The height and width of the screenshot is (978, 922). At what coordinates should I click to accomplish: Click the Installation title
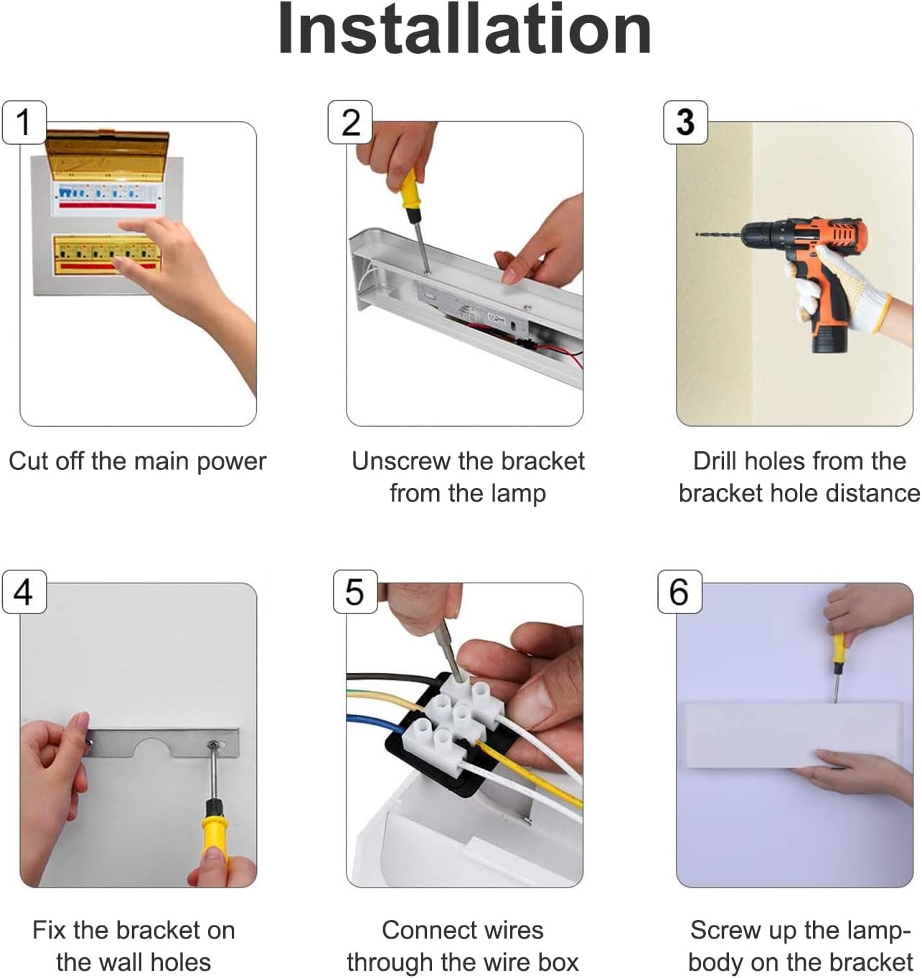(x=464, y=29)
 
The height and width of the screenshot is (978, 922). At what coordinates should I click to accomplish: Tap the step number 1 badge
(x=24, y=122)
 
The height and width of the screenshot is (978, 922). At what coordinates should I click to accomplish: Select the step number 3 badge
(x=685, y=122)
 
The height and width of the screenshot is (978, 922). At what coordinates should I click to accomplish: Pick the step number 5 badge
(x=355, y=591)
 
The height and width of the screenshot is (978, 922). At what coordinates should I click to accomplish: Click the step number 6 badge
(x=679, y=591)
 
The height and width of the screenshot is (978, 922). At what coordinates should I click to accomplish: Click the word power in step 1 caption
(x=232, y=463)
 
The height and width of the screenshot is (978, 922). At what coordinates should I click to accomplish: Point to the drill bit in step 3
(x=718, y=235)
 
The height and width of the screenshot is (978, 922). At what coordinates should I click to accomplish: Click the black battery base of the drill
(x=829, y=341)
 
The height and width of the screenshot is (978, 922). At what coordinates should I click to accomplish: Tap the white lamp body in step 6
(x=791, y=735)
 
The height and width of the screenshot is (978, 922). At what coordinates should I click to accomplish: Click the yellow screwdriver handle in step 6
(x=839, y=647)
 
